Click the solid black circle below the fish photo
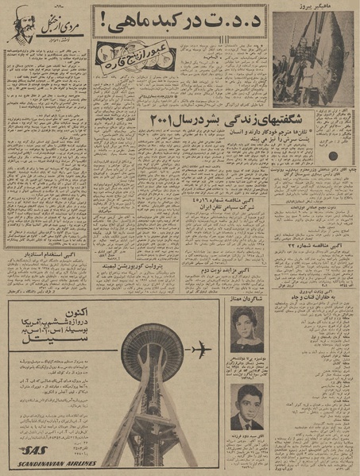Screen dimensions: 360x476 click(335, 154)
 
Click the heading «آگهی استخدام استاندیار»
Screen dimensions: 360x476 click(43, 256)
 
